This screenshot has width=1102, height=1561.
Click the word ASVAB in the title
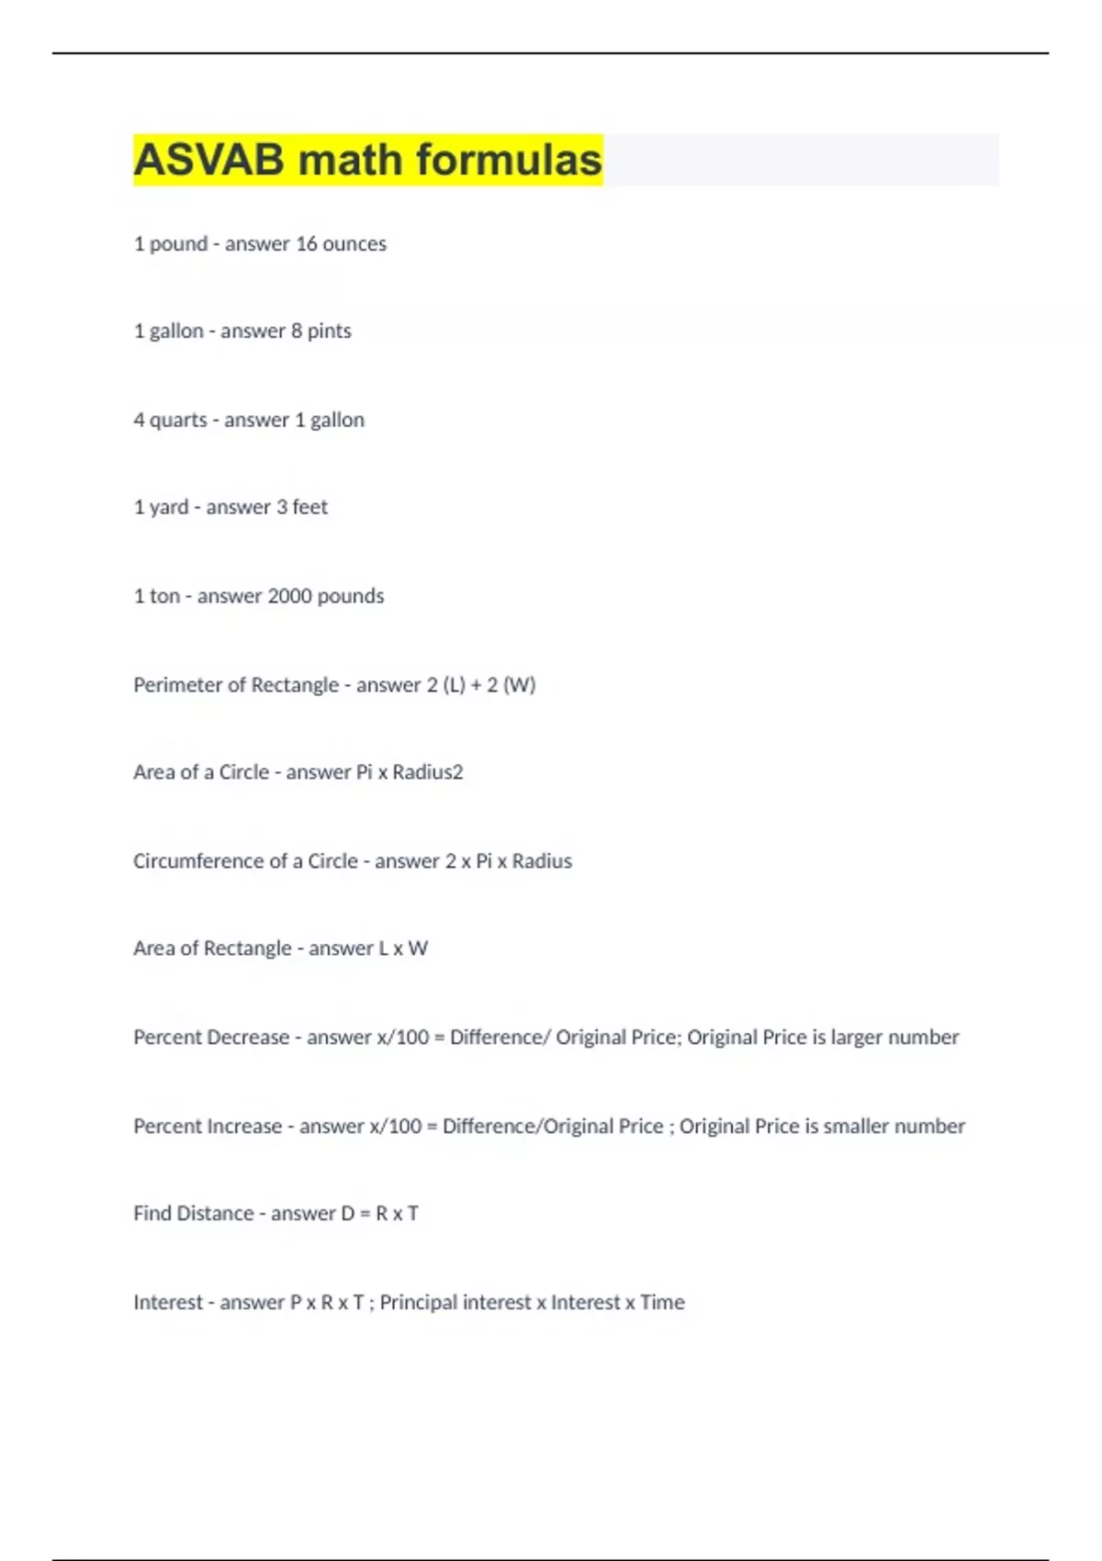(x=209, y=160)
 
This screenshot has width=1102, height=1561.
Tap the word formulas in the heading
(x=510, y=160)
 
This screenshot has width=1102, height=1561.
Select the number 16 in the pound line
(x=307, y=244)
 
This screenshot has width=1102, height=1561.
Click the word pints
(x=330, y=331)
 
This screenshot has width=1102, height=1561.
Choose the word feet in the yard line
(x=310, y=507)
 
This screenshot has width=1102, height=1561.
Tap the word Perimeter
(x=178, y=685)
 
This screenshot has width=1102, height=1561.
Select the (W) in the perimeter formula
(x=519, y=685)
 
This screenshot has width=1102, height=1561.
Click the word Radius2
(x=428, y=772)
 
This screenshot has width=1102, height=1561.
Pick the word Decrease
(x=250, y=1038)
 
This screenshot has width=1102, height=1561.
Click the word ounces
(x=354, y=244)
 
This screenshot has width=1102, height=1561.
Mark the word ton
(x=164, y=596)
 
